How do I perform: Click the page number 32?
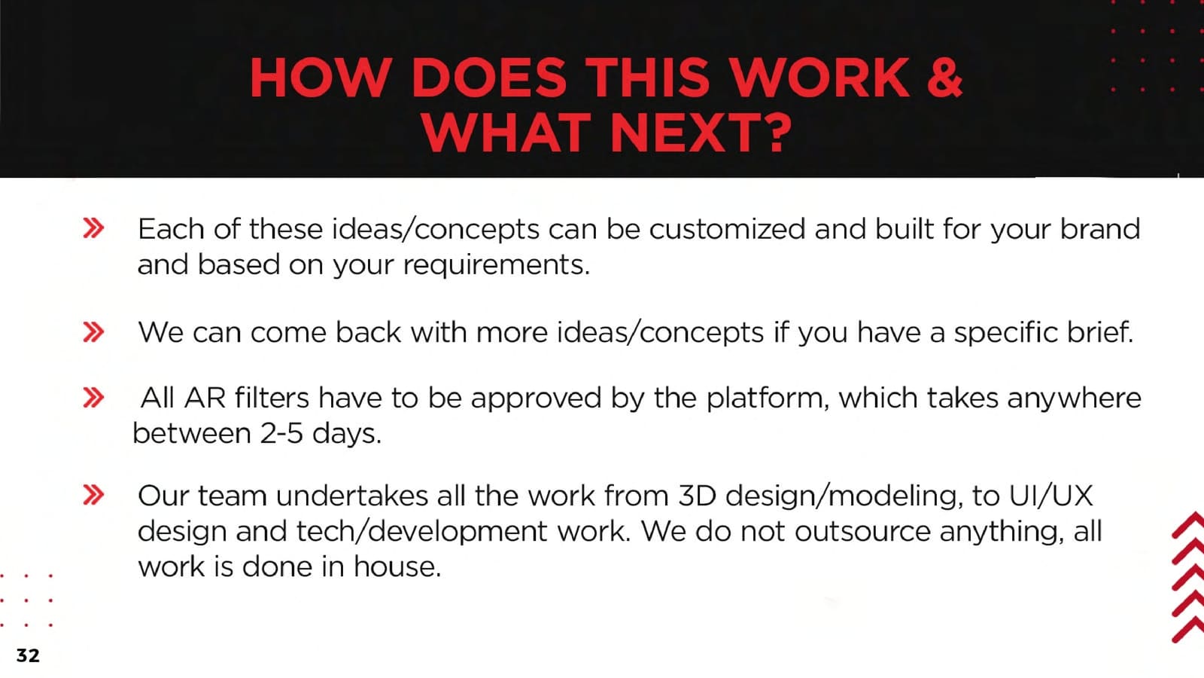click(x=28, y=655)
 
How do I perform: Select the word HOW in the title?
click(x=321, y=78)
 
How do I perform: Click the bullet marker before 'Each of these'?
click(x=93, y=228)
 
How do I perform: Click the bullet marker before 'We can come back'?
click(x=93, y=332)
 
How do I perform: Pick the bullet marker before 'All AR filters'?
click(x=93, y=398)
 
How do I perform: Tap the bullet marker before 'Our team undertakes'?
click(x=93, y=495)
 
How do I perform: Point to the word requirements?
click(x=496, y=265)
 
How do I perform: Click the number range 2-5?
click(x=281, y=433)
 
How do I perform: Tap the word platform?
click(x=768, y=399)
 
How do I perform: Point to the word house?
click(x=397, y=567)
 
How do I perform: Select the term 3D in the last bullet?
click(x=697, y=496)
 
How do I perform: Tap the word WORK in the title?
click(x=820, y=78)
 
